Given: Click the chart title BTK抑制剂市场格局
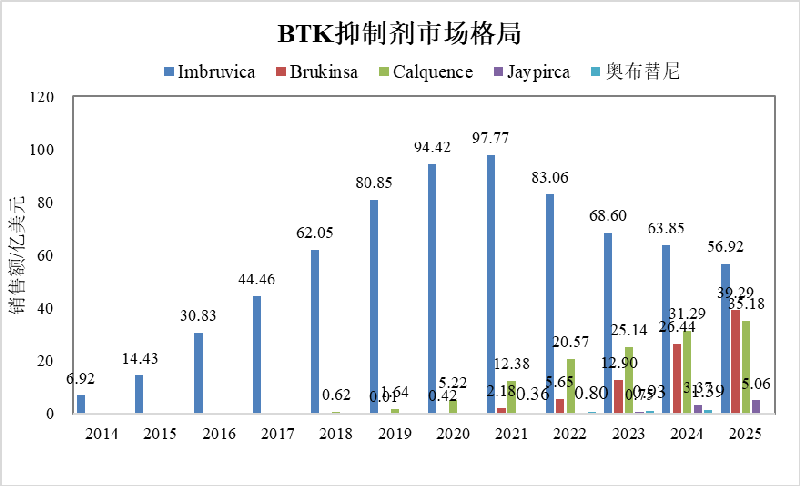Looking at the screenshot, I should tap(400, 33).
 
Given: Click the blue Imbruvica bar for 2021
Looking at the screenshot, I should tap(489, 284).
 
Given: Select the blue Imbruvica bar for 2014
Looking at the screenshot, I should tap(81, 404).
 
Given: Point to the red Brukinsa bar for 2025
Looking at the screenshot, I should tap(735, 361).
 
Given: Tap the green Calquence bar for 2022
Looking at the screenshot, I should tap(570, 386).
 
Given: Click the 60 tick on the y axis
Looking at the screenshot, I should tap(45, 256).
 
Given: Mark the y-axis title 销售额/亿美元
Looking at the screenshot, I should tap(18, 255).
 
